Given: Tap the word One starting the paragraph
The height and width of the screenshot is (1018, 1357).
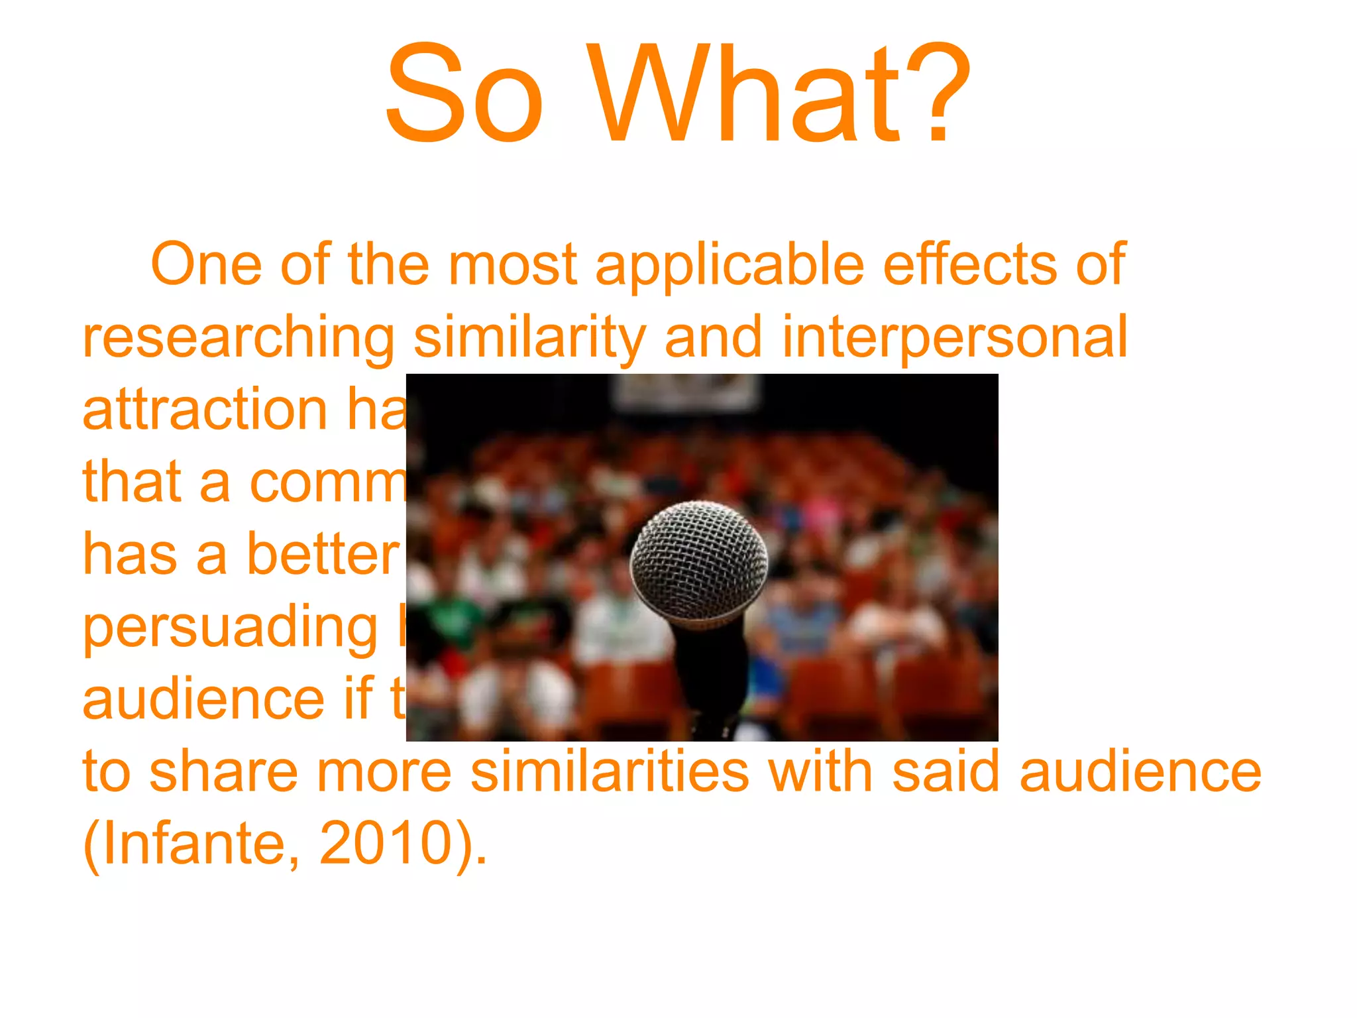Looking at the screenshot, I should click(x=207, y=264).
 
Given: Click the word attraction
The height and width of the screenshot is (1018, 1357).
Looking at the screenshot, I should click(x=205, y=410).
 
